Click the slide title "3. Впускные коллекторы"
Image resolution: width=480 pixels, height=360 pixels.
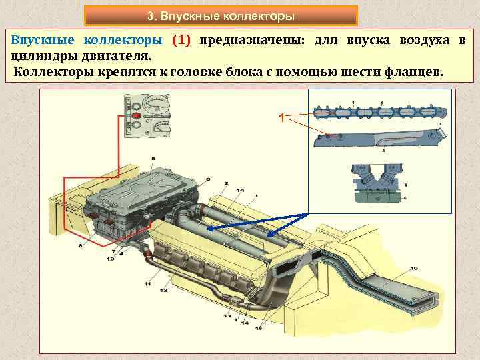point(221,15)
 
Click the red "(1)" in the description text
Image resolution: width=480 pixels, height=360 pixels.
point(181,40)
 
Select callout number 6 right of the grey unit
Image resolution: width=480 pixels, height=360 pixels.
point(207,179)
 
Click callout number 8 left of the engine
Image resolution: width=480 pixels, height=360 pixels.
point(81,246)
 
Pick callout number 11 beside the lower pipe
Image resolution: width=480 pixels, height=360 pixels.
point(147,283)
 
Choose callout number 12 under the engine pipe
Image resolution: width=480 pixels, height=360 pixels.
point(163,291)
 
